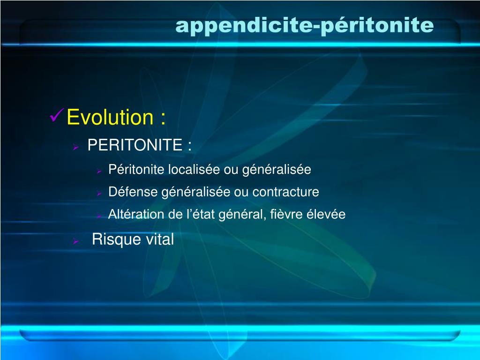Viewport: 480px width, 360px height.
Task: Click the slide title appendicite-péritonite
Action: (304, 26)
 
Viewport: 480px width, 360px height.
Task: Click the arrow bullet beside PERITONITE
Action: (75, 147)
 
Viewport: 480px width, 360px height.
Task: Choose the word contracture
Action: (285, 192)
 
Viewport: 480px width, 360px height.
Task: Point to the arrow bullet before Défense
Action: (99, 193)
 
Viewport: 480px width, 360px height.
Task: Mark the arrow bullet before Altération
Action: (99, 216)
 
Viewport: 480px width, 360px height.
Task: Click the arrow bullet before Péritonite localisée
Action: (99, 171)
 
